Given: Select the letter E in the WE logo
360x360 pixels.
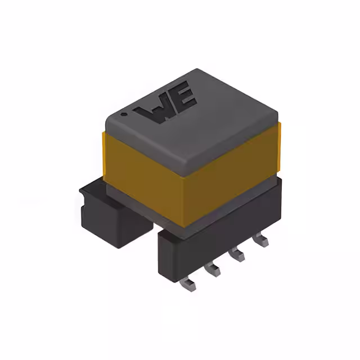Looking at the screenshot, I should (183, 99).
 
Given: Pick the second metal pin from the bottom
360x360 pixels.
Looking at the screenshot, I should (213, 270).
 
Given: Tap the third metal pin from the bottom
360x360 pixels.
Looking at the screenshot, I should (237, 255).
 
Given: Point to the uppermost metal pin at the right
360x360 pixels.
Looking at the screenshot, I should (260, 241).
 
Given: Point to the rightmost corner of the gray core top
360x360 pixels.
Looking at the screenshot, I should (278, 115).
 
